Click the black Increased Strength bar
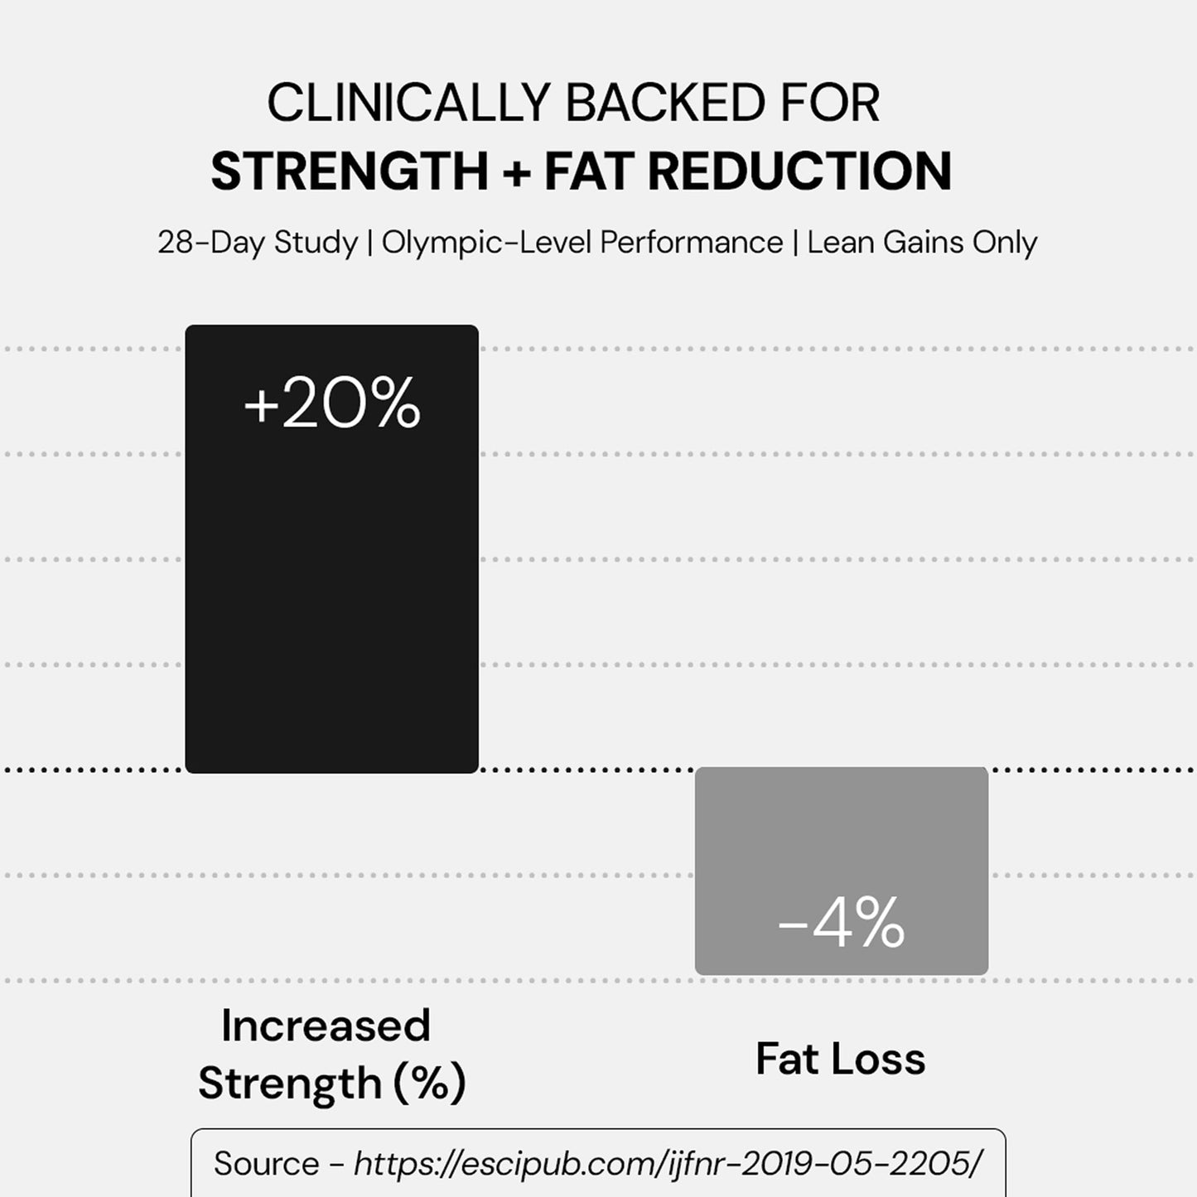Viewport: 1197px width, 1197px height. pyautogui.click(x=331, y=580)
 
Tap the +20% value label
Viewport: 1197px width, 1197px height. pyautogui.click(x=332, y=404)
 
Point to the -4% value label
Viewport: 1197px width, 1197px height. pyautogui.click(x=841, y=923)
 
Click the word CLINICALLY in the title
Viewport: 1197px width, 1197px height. pyautogui.click(x=408, y=104)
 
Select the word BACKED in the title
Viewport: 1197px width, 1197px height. pyautogui.click(x=665, y=104)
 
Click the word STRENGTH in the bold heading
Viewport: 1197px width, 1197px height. pyautogui.click(x=350, y=171)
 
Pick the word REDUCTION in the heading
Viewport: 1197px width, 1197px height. pyautogui.click(x=799, y=171)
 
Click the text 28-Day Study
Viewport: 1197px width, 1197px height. pyautogui.click(x=258, y=243)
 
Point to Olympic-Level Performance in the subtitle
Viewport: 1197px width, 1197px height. pyautogui.click(x=582, y=243)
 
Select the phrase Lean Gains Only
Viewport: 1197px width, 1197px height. pyautogui.click(x=922, y=243)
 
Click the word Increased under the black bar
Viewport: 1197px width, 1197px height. pyautogui.click(x=326, y=1026)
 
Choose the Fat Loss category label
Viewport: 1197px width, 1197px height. pyautogui.click(x=840, y=1059)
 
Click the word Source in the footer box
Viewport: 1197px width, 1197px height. pyautogui.click(x=266, y=1164)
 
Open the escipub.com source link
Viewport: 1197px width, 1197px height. pyautogui.click(x=668, y=1164)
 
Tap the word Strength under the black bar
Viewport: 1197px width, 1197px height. pyautogui.click(x=289, y=1083)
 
